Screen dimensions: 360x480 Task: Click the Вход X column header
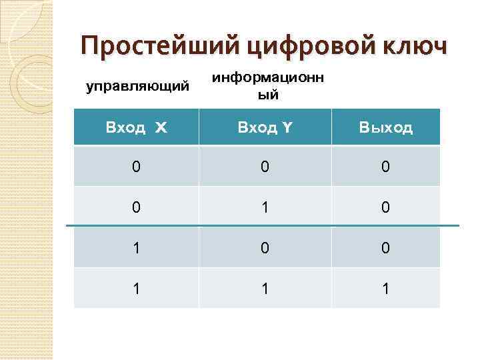pos(136,127)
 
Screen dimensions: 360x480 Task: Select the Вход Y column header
pos(265,127)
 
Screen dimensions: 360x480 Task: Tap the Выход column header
pos(385,127)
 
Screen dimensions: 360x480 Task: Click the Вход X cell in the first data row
pos(136,166)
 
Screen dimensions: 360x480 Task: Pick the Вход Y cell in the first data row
pos(265,166)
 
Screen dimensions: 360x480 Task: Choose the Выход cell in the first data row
pos(385,166)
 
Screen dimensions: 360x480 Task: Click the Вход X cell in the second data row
pos(136,207)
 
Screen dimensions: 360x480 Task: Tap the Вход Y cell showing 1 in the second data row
pos(265,207)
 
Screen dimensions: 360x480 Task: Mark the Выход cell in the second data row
pos(385,207)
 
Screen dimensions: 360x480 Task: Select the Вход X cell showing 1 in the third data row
pos(136,248)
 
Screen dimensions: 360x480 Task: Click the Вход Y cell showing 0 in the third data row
pos(265,248)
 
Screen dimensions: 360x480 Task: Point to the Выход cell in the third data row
pos(385,248)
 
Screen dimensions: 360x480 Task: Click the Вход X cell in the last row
pos(136,288)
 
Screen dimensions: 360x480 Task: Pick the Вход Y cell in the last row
pos(265,288)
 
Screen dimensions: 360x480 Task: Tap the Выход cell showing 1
pos(385,288)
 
